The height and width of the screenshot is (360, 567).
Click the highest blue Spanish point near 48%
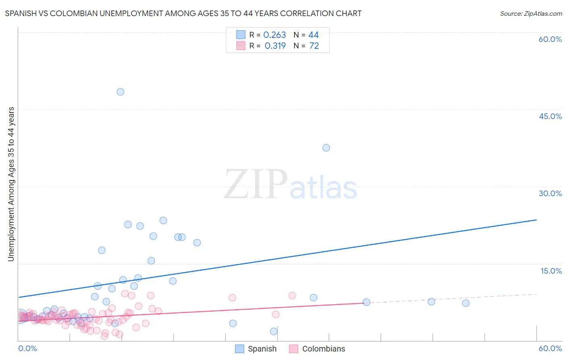[x=120, y=92]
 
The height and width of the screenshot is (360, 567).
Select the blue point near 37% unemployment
[x=326, y=148]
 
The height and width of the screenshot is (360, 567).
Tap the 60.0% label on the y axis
[x=550, y=39]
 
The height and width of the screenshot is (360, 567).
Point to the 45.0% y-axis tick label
[x=550, y=116]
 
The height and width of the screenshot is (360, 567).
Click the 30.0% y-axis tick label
[x=550, y=193]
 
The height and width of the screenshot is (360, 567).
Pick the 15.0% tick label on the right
[x=551, y=271]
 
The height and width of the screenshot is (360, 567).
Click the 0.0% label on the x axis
[x=27, y=348]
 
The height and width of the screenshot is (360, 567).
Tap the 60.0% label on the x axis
[x=550, y=348]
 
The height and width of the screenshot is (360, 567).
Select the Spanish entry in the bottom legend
[x=262, y=349]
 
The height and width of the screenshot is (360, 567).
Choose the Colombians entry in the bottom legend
[x=323, y=349]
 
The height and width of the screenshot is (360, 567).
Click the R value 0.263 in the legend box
[x=274, y=35]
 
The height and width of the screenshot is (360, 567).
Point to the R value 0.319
[x=275, y=46]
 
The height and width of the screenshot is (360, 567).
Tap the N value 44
[x=313, y=35]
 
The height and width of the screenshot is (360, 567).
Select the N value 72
[x=314, y=46]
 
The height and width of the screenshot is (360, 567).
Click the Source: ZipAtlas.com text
[x=531, y=14]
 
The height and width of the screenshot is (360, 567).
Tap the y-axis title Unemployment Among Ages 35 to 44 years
[x=11, y=184]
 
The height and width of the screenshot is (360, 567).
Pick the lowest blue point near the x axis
[x=273, y=331]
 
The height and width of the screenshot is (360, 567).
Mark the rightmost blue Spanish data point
[x=465, y=303]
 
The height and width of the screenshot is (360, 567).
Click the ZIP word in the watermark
[x=256, y=185]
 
